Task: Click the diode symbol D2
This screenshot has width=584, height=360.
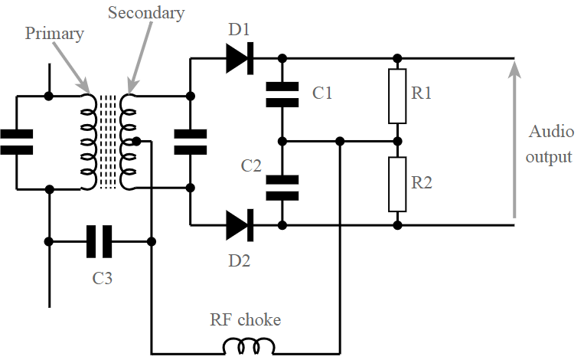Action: click(240, 225)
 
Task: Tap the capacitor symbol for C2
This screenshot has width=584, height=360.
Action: click(282, 188)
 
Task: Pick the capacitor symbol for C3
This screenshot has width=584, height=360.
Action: click(100, 241)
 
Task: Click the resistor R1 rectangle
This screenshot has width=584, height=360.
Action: click(396, 96)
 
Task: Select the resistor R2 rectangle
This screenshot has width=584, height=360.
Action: click(396, 184)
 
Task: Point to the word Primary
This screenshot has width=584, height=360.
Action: click(54, 34)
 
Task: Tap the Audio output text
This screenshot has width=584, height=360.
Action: click(550, 144)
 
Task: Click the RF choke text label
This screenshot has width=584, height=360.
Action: click(245, 319)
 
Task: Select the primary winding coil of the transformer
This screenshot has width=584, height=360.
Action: click(88, 142)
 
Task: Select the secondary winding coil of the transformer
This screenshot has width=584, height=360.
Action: click(128, 142)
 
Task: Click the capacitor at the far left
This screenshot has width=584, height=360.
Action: click(17, 142)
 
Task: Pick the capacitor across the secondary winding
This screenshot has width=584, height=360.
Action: click(190, 142)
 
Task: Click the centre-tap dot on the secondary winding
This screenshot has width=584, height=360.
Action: click(135, 141)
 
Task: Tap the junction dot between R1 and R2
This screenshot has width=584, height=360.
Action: click(396, 141)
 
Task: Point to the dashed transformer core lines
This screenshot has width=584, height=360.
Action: click(108, 142)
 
